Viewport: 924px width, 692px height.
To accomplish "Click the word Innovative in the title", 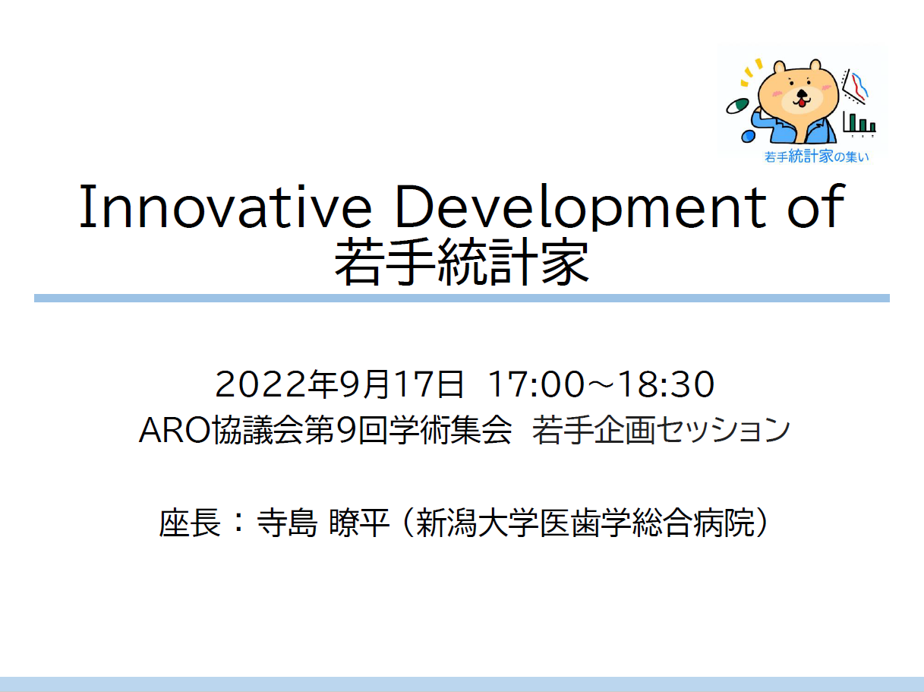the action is (x=225, y=207).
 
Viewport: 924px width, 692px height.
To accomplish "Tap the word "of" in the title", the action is (x=816, y=206).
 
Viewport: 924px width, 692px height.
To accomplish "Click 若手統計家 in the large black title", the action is (x=462, y=262).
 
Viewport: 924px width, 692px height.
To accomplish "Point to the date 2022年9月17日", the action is (x=339, y=384).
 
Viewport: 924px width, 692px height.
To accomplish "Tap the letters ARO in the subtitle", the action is (x=175, y=431).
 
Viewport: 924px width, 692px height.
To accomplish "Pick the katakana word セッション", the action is (x=723, y=431).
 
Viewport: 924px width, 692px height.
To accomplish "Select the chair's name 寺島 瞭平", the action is (x=323, y=523).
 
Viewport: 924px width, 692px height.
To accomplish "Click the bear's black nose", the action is (x=803, y=93).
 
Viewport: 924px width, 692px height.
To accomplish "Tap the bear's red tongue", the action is (x=802, y=103).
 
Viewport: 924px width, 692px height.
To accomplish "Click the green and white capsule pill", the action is (x=737, y=106).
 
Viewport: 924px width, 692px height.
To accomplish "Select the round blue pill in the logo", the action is (x=748, y=136).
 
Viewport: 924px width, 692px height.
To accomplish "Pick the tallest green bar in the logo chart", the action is (x=853, y=122).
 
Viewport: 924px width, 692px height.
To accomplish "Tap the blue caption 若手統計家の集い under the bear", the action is (x=817, y=156).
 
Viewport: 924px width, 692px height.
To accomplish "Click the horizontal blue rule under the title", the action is (x=462, y=299).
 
